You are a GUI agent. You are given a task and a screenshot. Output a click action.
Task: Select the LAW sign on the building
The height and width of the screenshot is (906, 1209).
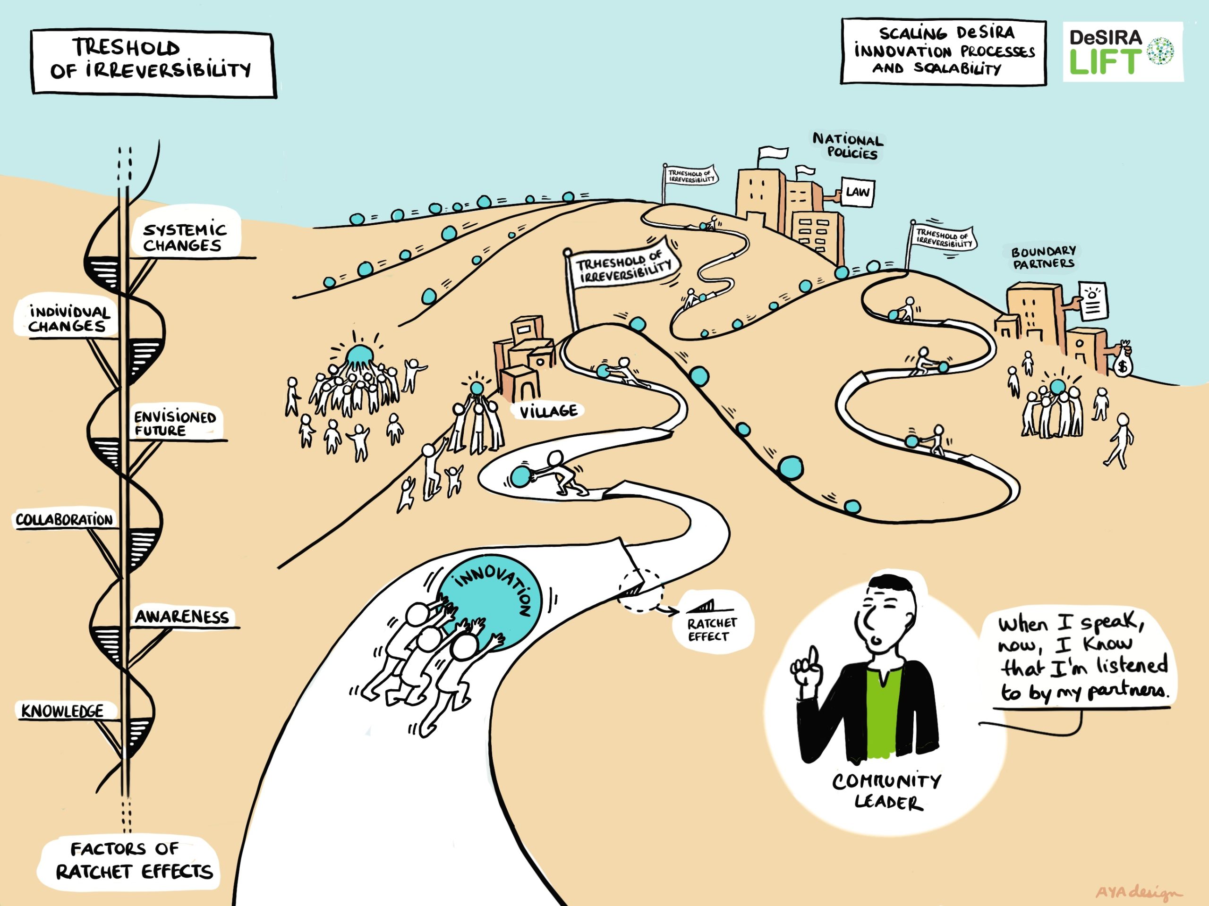pos(857,192)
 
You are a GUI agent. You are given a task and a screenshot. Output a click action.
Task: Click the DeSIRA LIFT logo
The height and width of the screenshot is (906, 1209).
pos(1122,52)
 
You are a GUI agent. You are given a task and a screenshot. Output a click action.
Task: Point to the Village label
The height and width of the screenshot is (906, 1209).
pos(548,411)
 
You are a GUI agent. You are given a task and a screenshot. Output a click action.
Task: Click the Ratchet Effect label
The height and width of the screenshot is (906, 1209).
pos(712,629)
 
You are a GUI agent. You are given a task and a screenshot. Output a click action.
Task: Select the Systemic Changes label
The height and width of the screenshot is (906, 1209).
pos(184,237)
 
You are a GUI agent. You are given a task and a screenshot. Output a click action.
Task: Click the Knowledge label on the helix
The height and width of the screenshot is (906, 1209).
pos(62,711)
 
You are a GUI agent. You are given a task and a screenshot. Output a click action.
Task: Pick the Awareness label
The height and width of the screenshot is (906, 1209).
pos(181,617)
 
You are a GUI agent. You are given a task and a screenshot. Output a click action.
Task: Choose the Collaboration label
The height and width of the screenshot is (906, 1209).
pos(64,520)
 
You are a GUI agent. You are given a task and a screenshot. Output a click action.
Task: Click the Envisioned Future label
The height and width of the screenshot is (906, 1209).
pos(175,423)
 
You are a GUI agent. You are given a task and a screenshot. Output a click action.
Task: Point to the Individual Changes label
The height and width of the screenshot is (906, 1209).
pos(68,319)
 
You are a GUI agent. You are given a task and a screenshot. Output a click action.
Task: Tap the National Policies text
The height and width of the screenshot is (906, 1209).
pos(848,146)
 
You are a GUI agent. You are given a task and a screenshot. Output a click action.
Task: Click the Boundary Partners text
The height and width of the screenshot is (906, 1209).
pos(1043,257)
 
